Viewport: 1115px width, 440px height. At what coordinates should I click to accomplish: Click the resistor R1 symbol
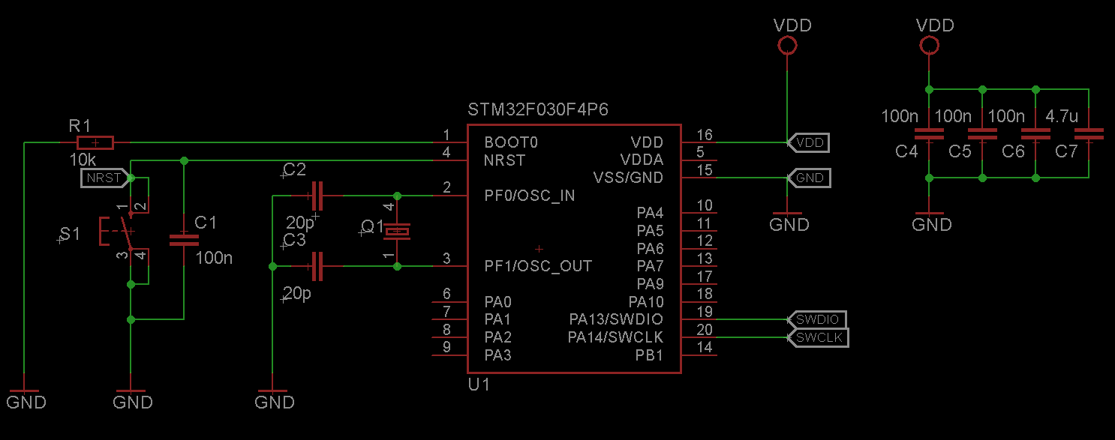click(95, 142)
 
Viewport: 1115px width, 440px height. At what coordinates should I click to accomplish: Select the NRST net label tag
click(103, 178)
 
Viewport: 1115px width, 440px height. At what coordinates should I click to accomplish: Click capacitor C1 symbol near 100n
click(184, 240)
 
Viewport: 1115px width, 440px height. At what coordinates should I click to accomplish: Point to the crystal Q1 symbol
click(397, 231)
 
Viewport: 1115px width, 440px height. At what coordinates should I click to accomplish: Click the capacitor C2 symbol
click(316, 196)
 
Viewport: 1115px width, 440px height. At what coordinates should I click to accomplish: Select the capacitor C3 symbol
click(316, 266)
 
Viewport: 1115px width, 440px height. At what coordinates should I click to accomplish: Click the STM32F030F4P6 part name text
click(538, 110)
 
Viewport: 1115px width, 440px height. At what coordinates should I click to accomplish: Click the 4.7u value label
click(1062, 117)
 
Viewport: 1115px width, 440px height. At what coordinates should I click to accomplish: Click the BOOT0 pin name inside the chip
click(511, 142)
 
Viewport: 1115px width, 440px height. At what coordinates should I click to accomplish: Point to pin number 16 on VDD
click(705, 135)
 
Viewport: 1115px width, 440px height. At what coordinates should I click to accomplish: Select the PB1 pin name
click(649, 355)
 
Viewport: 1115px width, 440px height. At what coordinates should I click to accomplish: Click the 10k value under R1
click(83, 160)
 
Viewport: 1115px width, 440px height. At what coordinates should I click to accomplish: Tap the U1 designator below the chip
click(479, 385)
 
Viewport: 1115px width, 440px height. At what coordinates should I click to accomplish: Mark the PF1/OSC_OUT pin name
click(538, 266)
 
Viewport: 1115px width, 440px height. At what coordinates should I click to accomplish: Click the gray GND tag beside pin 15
click(810, 178)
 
